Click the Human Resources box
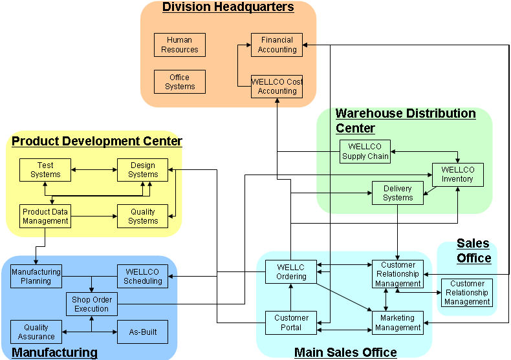pyautogui.click(x=180, y=45)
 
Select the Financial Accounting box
pyautogui.click(x=277, y=45)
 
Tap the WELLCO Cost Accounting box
pyautogui.click(x=277, y=87)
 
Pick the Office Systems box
pyautogui.click(x=180, y=82)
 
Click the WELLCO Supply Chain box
pyautogui.click(x=365, y=151)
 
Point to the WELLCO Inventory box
pyautogui.click(x=458, y=175)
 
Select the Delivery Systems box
pyautogui.click(x=398, y=193)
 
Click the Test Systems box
pyautogui.click(x=45, y=169)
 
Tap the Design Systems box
pyautogui.click(x=143, y=169)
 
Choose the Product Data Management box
pyautogui.click(x=45, y=216)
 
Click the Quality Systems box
pyautogui.click(x=143, y=216)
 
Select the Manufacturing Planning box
pyautogui.click(x=36, y=277)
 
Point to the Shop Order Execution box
pyautogui.click(x=92, y=304)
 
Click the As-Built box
pyautogui.click(x=142, y=332)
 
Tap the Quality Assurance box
pyautogui.click(x=36, y=332)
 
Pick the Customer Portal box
pyautogui.click(x=291, y=323)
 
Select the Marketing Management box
pyautogui.click(x=398, y=323)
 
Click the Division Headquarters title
pyautogui.click(x=228, y=8)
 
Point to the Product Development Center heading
pyautogui.click(x=97, y=141)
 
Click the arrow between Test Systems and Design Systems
pyautogui.click(x=94, y=170)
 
